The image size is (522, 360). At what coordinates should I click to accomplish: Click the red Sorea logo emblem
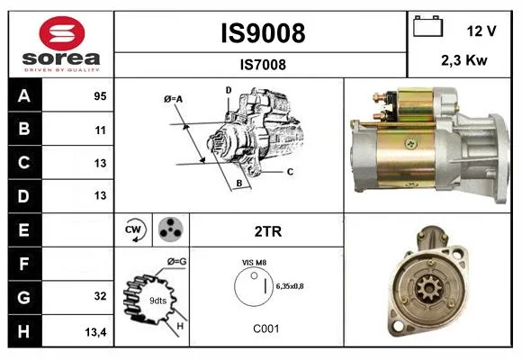(x=62, y=33)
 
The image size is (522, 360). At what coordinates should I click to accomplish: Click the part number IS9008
(x=263, y=33)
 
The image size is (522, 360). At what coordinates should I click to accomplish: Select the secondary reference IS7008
(x=263, y=65)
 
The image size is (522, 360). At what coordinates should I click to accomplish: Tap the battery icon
(x=427, y=26)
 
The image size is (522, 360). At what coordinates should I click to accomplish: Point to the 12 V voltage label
(x=481, y=31)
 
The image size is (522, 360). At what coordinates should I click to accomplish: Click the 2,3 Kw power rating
(x=464, y=60)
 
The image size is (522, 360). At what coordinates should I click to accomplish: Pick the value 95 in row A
(x=100, y=96)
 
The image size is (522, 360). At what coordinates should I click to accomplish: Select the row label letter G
(x=24, y=297)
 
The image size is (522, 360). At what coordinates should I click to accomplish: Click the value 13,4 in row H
(x=95, y=332)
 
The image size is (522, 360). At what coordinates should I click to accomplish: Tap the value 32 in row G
(x=100, y=296)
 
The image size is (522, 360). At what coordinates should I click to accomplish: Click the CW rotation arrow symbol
(x=134, y=229)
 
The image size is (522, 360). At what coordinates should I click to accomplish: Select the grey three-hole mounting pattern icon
(x=171, y=229)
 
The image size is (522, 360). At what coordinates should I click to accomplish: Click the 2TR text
(x=268, y=231)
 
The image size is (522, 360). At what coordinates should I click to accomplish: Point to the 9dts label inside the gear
(x=157, y=301)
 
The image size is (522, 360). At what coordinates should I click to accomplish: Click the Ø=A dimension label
(x=173, y=99)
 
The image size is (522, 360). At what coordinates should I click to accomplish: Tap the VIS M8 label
(x=254, y=263)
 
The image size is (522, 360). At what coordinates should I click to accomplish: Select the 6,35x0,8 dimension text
(x=290, y=286)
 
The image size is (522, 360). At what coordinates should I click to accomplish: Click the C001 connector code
(x=266, y=328)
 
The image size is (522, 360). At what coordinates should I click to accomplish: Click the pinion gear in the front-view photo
(x=429, y=287)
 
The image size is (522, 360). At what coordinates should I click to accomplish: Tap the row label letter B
(x=24, y=129)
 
